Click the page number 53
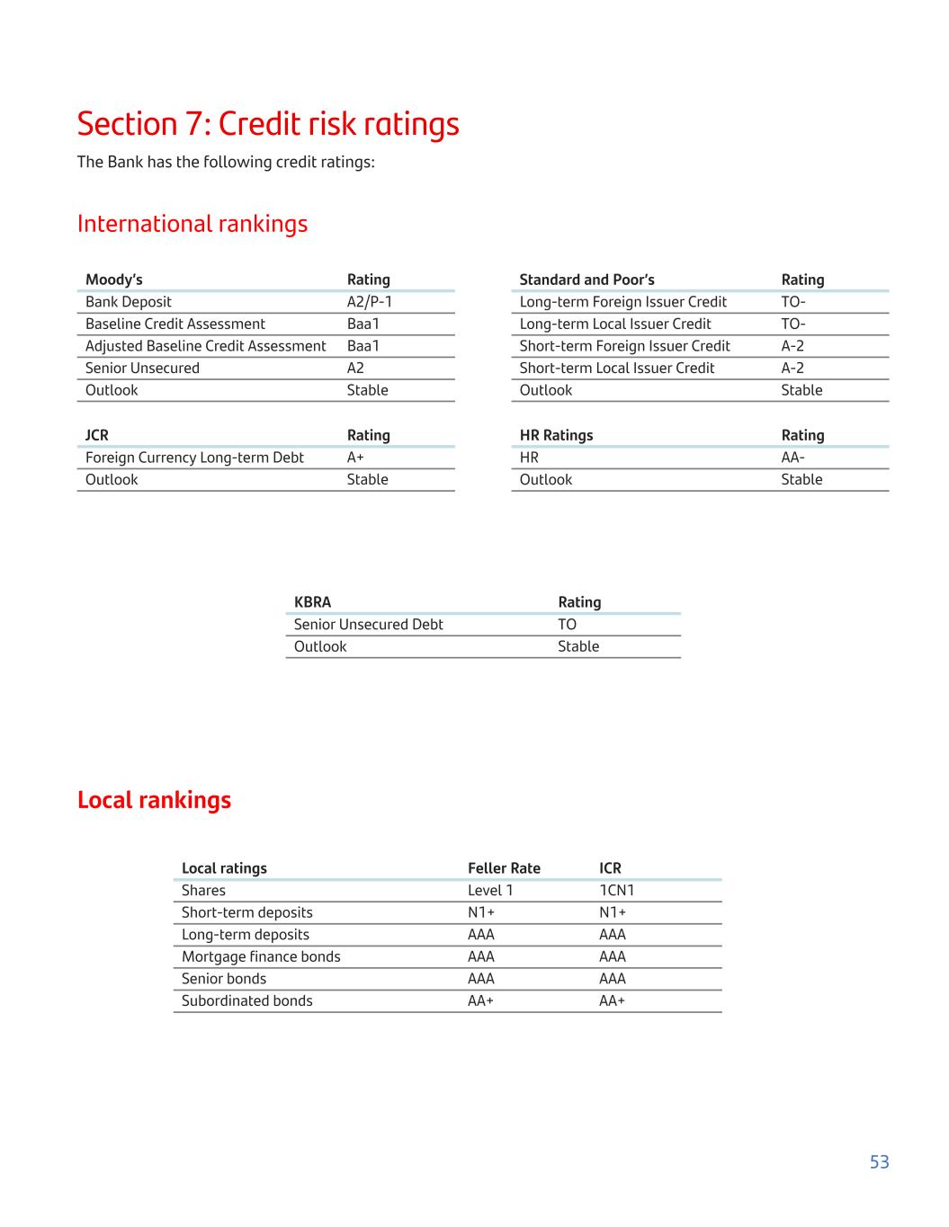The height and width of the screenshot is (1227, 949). coord(879,1161)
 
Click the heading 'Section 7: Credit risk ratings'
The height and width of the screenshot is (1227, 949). coord(268,124)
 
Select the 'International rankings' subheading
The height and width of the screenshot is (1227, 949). coord(192,224)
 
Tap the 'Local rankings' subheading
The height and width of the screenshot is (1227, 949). coord(154,800)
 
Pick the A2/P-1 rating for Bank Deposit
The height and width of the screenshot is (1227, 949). coord(370,302)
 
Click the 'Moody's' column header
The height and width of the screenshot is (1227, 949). coord(114,280)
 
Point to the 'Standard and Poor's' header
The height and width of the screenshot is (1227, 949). coord(586,280)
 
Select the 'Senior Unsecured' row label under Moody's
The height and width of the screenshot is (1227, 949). coord(142,368)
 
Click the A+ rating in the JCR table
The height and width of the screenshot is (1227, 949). coord(355,458)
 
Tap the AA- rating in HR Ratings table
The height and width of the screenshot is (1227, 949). coord(792,458)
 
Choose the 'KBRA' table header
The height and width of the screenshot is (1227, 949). coord(312,602)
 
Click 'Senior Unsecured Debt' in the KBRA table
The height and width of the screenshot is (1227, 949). coord(368,625)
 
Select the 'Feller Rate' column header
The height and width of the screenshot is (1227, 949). coord(504,868)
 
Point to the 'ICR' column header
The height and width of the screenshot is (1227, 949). coord(610,868)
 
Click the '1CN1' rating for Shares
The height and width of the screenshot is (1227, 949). coord(616,891)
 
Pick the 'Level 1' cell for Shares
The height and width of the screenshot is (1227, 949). coord(490,891)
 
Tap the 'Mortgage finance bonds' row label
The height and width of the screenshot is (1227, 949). coord(261,956)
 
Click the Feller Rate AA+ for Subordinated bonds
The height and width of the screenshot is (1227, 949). coord(480,1000)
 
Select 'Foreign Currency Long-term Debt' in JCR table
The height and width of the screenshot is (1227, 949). coord(194,458)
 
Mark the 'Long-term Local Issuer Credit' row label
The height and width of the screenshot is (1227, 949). coord(615,324)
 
